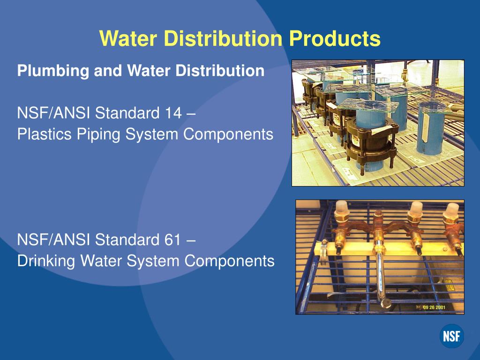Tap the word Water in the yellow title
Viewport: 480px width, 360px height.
pos(128,38)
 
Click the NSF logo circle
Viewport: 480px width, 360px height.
pos(451,336)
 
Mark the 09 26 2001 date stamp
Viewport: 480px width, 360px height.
pos(434,307)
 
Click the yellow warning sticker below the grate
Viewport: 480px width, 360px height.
pos(448,284)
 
